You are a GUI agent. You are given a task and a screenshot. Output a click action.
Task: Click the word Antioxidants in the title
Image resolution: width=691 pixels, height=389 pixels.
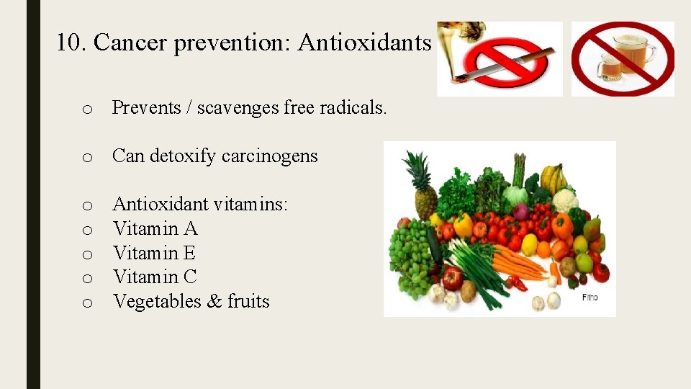(x=364, y=43)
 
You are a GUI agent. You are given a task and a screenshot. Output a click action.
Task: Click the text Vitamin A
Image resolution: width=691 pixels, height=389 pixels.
(x=155, y=229)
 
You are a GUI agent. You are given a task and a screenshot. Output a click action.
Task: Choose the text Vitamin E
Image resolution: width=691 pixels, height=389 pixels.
(x=154, y=253)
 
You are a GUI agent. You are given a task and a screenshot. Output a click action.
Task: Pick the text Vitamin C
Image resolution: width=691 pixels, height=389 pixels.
(x=155, y=277)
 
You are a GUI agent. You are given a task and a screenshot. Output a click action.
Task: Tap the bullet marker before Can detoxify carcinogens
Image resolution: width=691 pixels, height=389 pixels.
(x=86, y=157)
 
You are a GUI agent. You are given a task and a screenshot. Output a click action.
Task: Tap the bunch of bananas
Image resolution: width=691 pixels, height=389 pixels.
(x=552, y=176)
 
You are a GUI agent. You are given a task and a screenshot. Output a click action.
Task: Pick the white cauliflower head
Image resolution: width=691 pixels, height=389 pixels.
(x=565, y=200)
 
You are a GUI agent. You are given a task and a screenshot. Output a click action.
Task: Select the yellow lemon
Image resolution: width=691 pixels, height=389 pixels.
(x=529, y=245)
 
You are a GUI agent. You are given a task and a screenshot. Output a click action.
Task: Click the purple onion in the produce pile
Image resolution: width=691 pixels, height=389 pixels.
(x=520, y=212)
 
